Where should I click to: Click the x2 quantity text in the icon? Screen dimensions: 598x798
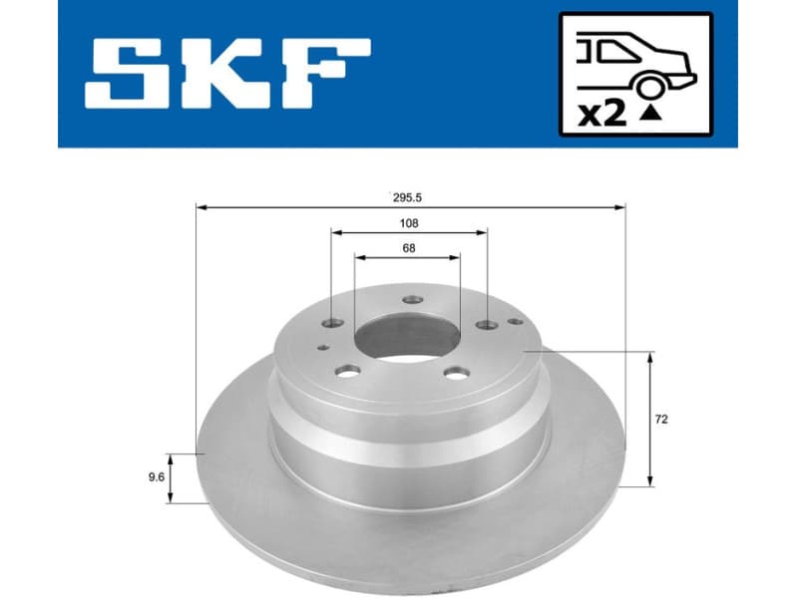click(x=601, y=114)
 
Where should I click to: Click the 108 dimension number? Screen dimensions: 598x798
click(x=408, y=223)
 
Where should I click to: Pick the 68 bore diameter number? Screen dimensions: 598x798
click(x=408, y=248)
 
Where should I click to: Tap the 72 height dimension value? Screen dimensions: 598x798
click(x=661, y=420)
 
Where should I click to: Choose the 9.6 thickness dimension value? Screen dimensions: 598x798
click(x=156, y=477)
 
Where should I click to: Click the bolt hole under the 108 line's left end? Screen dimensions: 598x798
click(x=332, y=323)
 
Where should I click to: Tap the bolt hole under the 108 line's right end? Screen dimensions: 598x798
click(x=486, y=325)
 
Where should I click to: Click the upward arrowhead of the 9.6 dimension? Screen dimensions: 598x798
click(x=172, y=457)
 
